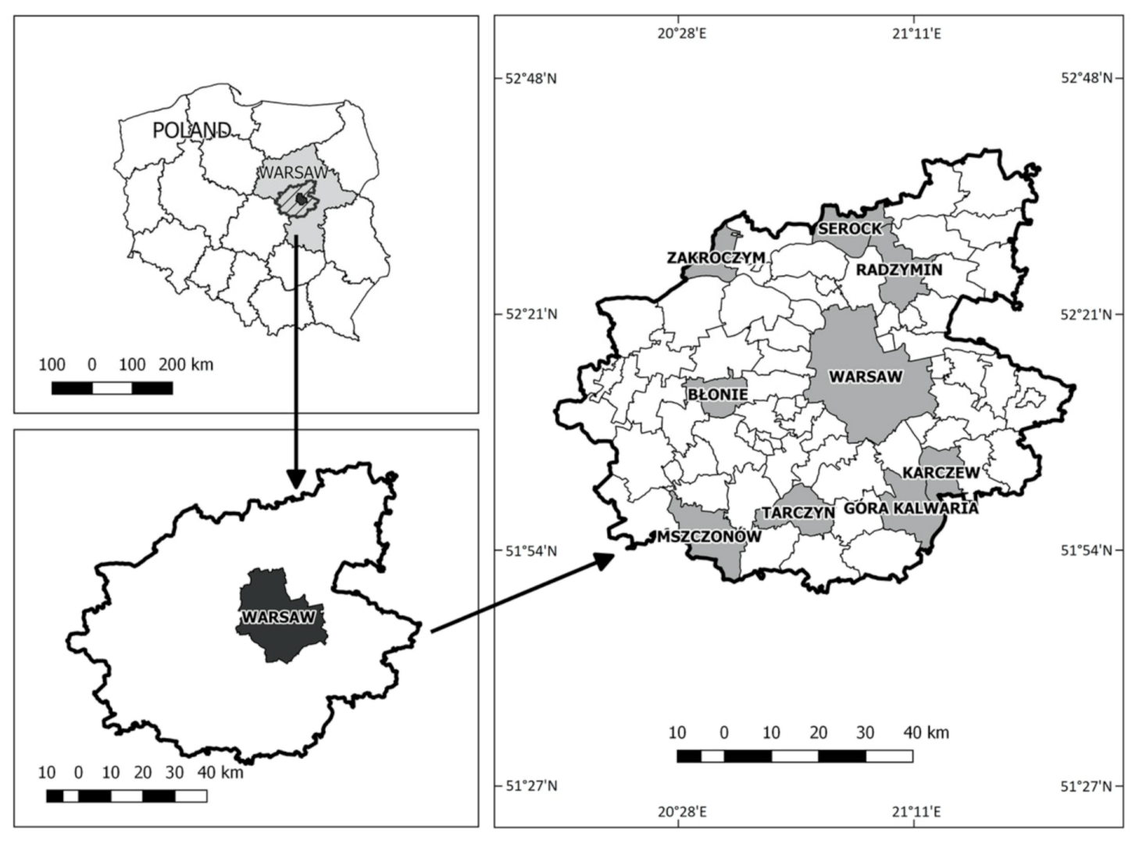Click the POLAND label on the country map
click(x=191, y=130)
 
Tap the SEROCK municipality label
click(x=850, y=228)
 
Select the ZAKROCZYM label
click(x=716, y=257)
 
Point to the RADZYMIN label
click(x=899, y=270)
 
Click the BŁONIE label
click(x=717, y=395)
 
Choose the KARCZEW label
click(x=941, y=473)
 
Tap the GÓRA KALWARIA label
click(x=911, y=508)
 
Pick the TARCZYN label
click(x=798, y=513)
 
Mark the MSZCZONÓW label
click(x=709, y=536)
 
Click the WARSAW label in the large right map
click(x=866, y=377)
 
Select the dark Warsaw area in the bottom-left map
click(x=281, y=633)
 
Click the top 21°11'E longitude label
click(x=916, y=34)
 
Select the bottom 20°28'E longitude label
click(x=682, y=811)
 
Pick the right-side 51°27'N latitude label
click(x=1085, y=786)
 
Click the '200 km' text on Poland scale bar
click(x=186, y=364)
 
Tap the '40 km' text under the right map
click(x=927, y=733)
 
